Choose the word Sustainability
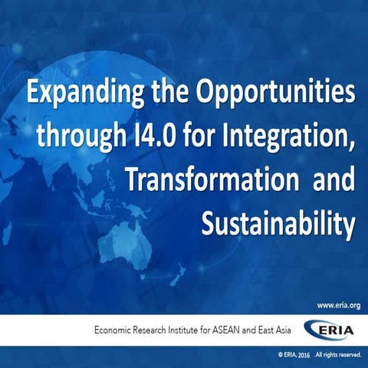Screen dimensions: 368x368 [279, 224]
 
